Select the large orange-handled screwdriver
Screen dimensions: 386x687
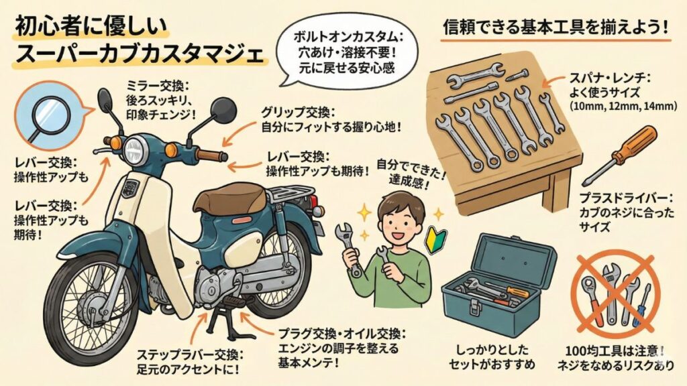pyautogui.click(x=621, y=153)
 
